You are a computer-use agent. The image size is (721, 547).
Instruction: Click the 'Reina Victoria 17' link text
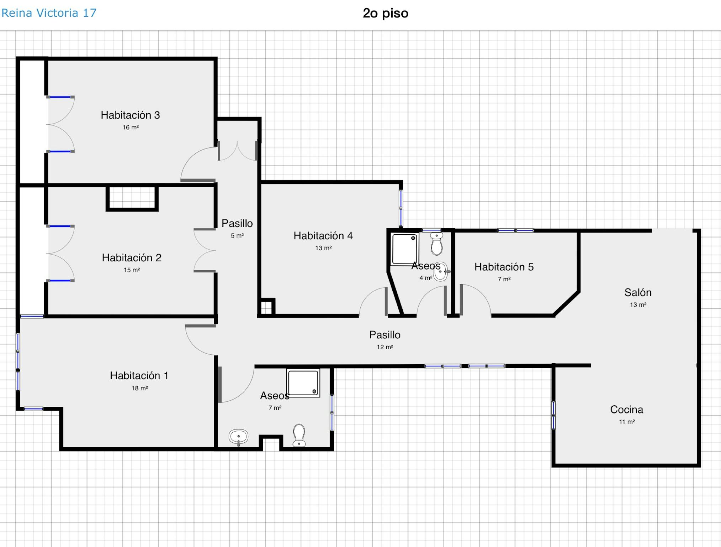click(x=49, y=13)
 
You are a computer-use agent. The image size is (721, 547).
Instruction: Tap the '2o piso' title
click(x=386, y=13)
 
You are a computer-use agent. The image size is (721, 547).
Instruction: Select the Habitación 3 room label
click(x=130, y=115)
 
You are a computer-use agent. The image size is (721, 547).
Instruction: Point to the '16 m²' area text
click(x=131, y=127)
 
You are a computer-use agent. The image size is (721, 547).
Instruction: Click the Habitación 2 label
click(x=132, y=257)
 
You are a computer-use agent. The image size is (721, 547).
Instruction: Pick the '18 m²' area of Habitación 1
click(x=139, y=388)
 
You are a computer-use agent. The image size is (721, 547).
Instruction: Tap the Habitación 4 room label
click(x=323, y=236)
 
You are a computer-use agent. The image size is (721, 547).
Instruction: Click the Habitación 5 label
click(x=504, y=267)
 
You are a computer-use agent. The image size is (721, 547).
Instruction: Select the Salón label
click(x=638, y=292)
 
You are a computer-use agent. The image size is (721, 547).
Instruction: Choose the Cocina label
click(x=627, y=410)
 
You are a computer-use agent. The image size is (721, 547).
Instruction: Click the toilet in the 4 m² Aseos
click(x=436, y=244)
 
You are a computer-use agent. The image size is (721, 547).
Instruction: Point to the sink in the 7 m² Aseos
click(x=238, y=437)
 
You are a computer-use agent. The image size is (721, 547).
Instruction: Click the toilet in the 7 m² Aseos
click(x=299, y=435)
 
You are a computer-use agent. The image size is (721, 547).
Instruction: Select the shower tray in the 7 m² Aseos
click(x=303, y=383)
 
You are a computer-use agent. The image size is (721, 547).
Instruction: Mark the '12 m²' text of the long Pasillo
click(x=385, y=347)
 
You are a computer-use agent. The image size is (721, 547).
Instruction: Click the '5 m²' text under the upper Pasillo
click(x=237, y=235)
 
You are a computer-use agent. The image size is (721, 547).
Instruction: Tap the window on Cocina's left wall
click(x=553, y=415)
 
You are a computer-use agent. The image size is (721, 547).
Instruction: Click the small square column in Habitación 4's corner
click(x=266, y=307)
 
